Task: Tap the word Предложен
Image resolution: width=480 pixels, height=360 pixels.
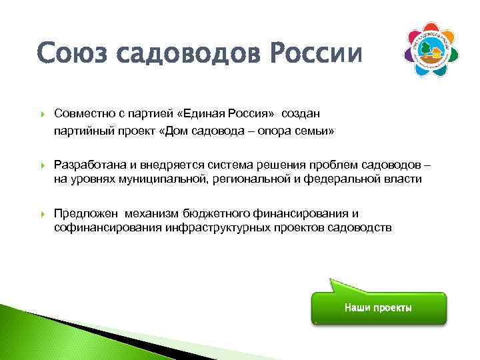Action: tap(86, 214)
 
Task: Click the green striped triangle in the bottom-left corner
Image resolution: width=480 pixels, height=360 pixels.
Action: tap(27, 337)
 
